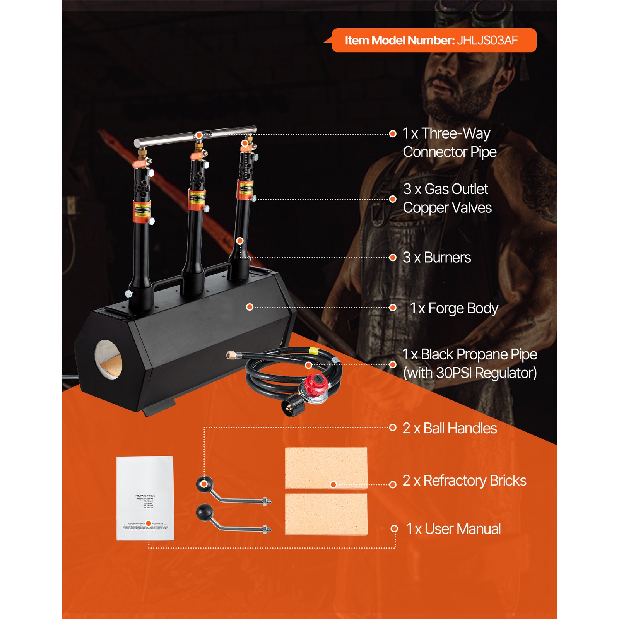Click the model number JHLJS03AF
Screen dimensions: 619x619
tap(487, 40)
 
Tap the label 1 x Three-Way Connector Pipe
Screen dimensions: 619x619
tap(449, 142)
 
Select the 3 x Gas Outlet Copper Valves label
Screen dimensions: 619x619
tap(447, 198)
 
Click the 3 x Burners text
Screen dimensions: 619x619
tap(437, 258)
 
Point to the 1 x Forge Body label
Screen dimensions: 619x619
tap(454, 308)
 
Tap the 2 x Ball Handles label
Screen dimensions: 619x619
tap(450, 428)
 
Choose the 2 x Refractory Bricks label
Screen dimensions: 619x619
tap(464, 480)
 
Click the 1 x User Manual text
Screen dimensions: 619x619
tap(453, 529)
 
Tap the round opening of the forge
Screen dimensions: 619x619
tap(108, 360)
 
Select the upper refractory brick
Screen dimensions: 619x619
tap(326, 468)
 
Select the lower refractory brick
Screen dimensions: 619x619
tap(326, 514)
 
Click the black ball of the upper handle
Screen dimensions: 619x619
tap(205, 484)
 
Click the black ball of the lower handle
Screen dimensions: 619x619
tap(205, 513)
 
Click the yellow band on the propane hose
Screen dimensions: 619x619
tap(314, 352)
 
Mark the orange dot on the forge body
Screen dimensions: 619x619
tap(250, 307)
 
